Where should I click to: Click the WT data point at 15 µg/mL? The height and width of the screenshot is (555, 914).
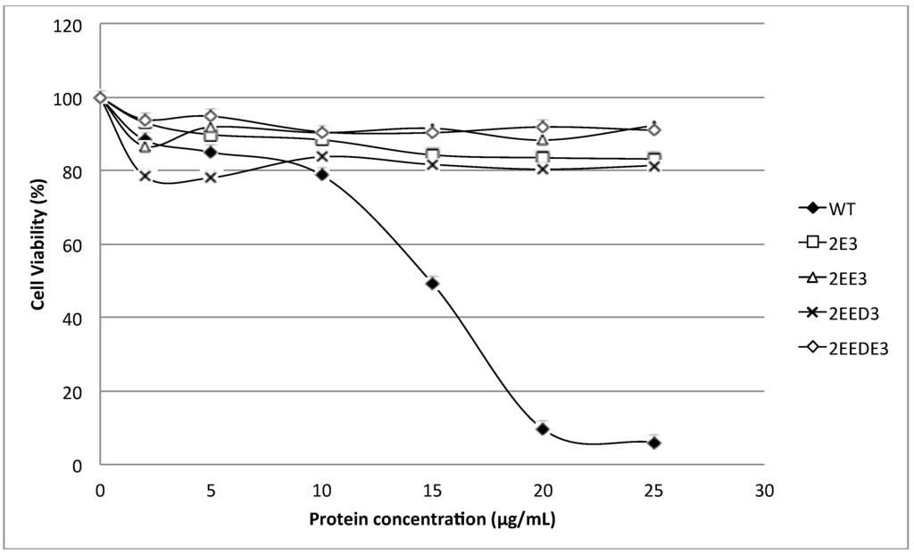(x=433, y=283)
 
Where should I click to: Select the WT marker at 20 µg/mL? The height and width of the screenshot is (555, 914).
(x=543, y=428)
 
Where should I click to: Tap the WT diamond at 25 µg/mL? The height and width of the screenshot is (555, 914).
(x=653, y=442)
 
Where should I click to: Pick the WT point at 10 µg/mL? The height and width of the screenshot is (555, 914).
(x=322, y=174)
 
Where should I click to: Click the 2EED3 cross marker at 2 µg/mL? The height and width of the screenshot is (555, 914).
(x=145, y=176)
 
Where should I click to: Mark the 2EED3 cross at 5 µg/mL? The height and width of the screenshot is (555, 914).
(x=211, y=177)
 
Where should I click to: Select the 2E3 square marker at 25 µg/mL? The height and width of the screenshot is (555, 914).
(x=653, y=158)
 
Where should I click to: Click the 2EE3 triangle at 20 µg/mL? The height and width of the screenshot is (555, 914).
(x=543, y=139)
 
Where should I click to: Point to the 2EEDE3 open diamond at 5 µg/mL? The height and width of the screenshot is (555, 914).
(x=211, y=116)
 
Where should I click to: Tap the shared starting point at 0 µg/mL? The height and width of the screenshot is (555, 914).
(x=101, y=97)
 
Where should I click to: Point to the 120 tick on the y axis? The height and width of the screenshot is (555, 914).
(x=72, y=25)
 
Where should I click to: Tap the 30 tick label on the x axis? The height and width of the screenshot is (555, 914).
(x=763, y=489)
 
